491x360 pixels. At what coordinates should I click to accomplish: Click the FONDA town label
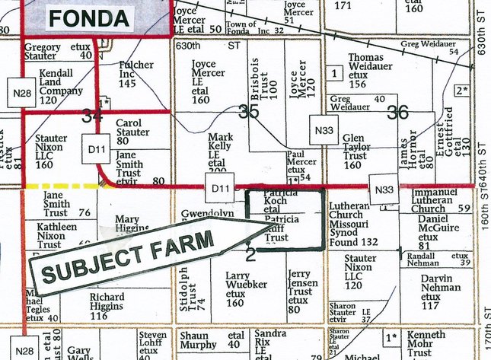90,16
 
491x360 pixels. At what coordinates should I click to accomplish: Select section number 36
397,112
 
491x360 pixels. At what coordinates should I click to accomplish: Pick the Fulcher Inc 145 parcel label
137,75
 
